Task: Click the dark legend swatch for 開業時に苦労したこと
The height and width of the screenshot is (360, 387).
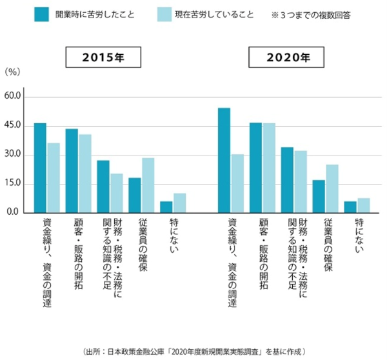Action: pyautogui.click(x=43, y=14)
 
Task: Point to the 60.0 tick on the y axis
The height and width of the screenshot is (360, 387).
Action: pyautogui.click(x=14, y=97)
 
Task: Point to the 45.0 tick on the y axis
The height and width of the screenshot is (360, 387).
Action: pyautogui.click(x=14, y=126)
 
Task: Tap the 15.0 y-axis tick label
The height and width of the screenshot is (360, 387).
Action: pyautogui.click(x=14, y=184)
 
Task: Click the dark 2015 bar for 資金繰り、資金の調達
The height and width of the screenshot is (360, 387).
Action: pyautogui.click(x=40, y=168)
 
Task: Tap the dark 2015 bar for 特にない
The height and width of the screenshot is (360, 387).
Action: pyautogui.click(x=166, y=206)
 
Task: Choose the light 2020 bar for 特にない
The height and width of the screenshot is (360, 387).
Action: pyautogui.click(x=363, y=205)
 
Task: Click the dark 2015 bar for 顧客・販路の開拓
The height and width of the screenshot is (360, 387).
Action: pyautogui.click(x=72, y=171)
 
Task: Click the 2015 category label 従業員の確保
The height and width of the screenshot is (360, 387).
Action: pyautogui.click(x=143, y=245)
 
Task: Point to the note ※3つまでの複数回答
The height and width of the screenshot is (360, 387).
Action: pyautogui.click(x=313, y=14)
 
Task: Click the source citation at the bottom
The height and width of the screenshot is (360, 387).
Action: pyautogui.click(x=193, y=351)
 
